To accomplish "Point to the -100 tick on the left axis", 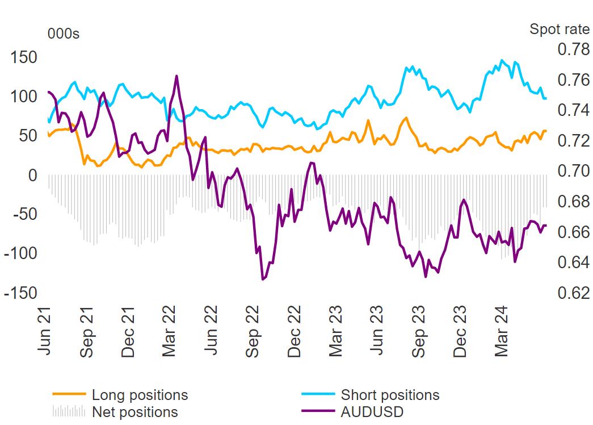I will pos(20,253).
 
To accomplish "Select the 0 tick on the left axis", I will pos(32,176).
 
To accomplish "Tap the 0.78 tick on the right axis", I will pos(574,49).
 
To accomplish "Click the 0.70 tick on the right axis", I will pos(574,171).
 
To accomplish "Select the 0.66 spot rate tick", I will pos(574,232).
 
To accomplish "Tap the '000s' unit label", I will pos(64,34).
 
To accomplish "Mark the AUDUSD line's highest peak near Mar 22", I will pos(176,76).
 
